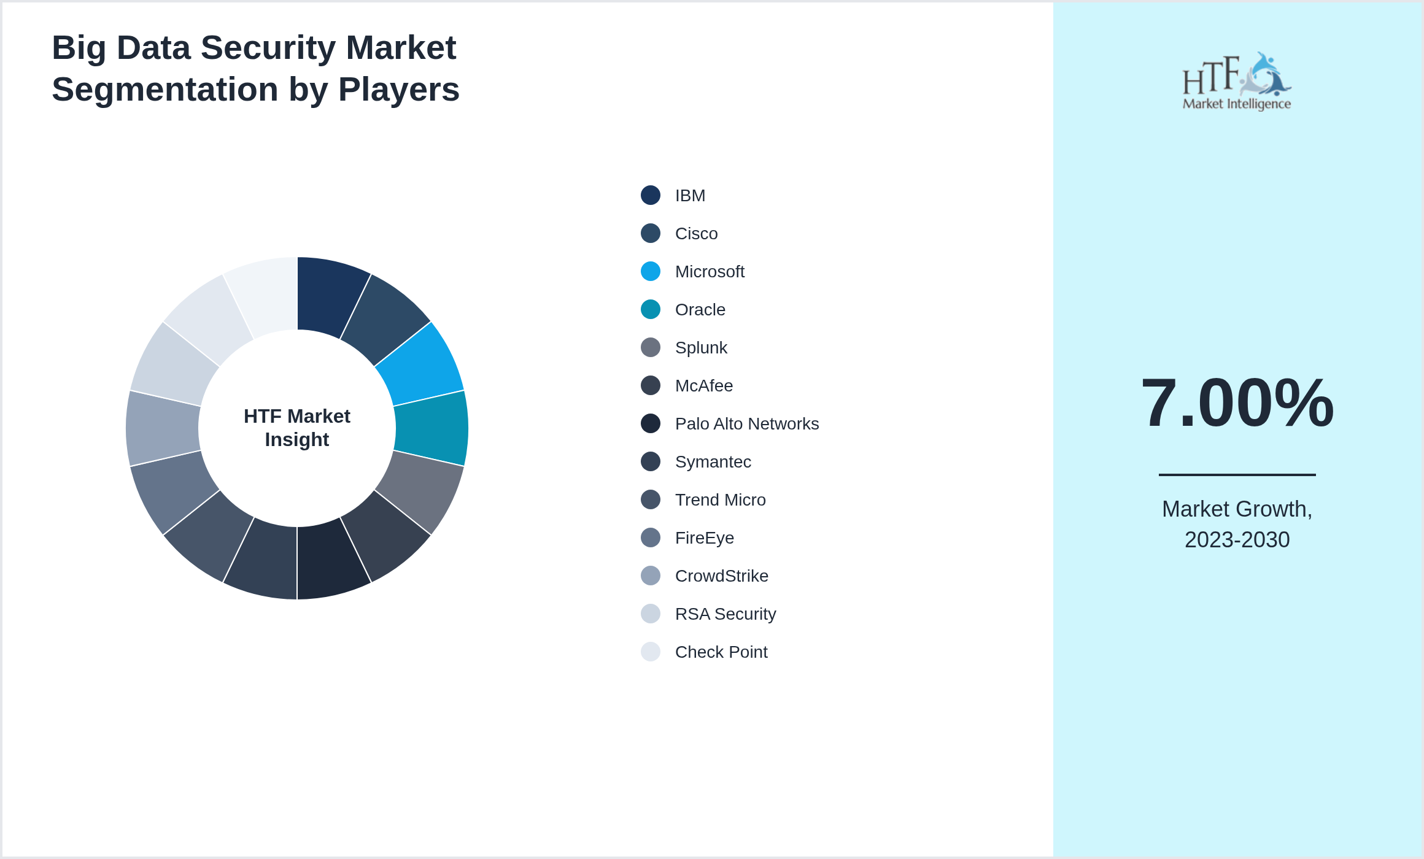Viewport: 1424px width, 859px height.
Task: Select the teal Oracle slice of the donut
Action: pyautogui.click(x=431, y=428)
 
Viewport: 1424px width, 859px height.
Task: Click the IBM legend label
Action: pyautogui.click(x=690, y=196)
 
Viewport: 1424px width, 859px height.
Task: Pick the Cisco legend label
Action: pyautogui.click(x=696, y=234)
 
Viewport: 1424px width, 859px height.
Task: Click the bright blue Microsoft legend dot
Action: pyautogui.click(x=651, y=271)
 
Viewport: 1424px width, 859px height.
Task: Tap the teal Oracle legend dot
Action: pyautogui.click(x=651, y=309)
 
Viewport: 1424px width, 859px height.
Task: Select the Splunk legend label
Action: pyautogui.click(x=701, y=348)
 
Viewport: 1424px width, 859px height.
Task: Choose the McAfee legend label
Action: pyautogui.click(x=703, y=386)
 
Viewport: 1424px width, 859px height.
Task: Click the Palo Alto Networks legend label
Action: pyautogui.click(x=746, y=424)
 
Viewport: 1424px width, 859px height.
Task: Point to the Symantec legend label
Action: pyautogui.click(x=713, y=462)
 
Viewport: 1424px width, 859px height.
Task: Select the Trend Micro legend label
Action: pyautogui.click(x=720, y=500)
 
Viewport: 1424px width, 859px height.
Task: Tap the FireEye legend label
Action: pyautogui.click(x=704, y=538)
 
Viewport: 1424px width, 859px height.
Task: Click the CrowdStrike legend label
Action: pyautogui.click(x=721, y=576)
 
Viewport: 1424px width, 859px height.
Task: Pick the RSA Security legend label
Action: pyautogui.click(x=725, y=614)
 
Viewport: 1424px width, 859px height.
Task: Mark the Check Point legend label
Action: pyautogui.click(x=721, y=652)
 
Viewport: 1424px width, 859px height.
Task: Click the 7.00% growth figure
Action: pyautogui.click(x=1237, y=403)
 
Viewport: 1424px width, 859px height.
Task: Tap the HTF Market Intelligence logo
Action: pyautogui.click(x=1236, y=82)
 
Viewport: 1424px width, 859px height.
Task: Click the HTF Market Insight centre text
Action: pyautogui.click(x=297, y=428)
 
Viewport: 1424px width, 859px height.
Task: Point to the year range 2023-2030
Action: pyautogui.click(x=1237, y=540)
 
